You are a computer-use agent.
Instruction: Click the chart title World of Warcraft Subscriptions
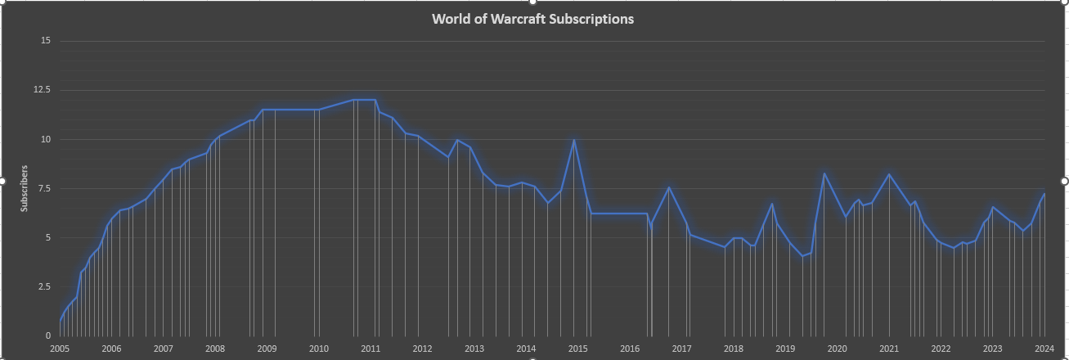tap(532, 18)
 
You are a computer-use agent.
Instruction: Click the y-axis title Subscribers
tap(25, 188)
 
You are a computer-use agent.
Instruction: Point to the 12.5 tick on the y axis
tap(42, 90)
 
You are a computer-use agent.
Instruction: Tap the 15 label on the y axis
tap(46, 41)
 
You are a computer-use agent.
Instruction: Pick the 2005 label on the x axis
tap(60, 349)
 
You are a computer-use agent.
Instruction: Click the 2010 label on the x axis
tap(318, 349)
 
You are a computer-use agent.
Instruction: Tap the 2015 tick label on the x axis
tap(577, 349)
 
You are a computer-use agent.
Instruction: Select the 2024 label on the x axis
tap(1044, 349)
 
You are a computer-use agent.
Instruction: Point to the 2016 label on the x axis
tap(630, 349)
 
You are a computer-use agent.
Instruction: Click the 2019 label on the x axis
tap(785, 349)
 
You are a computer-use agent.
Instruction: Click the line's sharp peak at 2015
tap(574, 140)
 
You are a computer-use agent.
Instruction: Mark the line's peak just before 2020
tap(824, 173)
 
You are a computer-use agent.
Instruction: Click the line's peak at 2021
tap(889, 173)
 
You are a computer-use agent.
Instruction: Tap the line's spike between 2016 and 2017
tap(669, 187)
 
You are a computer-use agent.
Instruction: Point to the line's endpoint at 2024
tap(1044, 194)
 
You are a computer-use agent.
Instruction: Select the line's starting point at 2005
tap(61, 320)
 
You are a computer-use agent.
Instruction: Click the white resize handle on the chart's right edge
tap(1065, 180)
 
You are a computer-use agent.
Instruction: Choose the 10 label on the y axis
tap(46, 139)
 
